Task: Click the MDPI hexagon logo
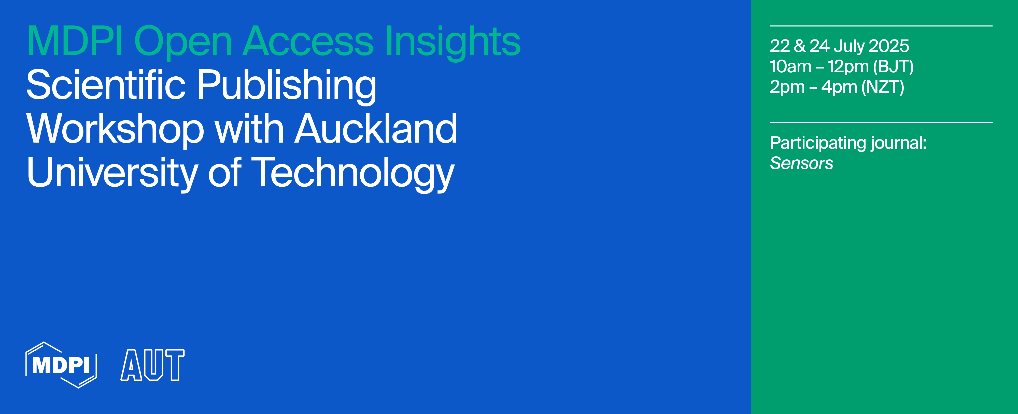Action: coord(61,365)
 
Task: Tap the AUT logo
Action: coord(152,365)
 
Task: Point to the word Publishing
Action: coord(287,85)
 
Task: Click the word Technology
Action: coord(352,173)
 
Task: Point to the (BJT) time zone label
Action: coord(893,66)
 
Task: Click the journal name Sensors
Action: coord(801,163)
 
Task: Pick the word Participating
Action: coord(818,143)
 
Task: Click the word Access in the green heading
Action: coord(308,41)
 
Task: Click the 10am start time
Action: coord(790,66)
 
